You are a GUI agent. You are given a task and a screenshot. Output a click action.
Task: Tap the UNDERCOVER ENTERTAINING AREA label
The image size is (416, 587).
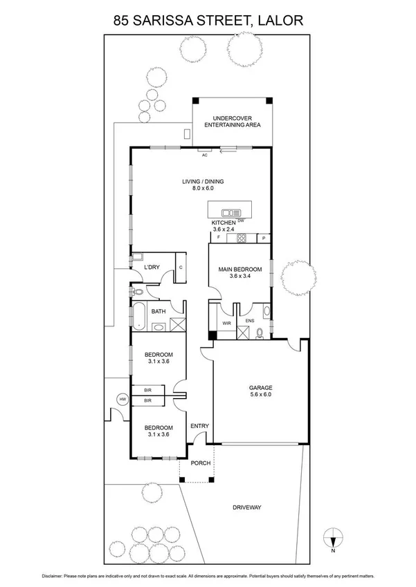pyautogui.click(x=232, y=121)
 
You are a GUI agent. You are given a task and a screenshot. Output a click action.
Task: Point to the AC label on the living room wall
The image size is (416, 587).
pyautogui.click(x=204, y=156)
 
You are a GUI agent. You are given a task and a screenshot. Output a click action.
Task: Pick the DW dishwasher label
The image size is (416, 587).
pyautogui.click(x=242, y=221)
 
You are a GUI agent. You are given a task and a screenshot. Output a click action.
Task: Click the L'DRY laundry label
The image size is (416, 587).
pyautogui.click(x=152, y=268)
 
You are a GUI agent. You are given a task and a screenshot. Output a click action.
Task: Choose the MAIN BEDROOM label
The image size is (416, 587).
pyautogui.click(x=240, y=269)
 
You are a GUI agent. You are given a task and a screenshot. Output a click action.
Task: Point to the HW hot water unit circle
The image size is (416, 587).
pyautogui.click(x=123, y=400)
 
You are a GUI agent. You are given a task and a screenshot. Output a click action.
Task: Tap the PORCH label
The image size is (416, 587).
pyautogui.click(x=200, y=463)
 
